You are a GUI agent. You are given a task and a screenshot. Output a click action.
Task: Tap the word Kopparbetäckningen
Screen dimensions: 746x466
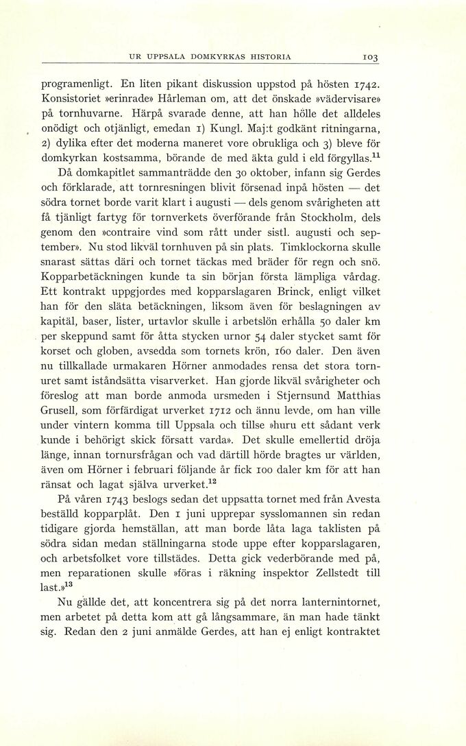click(97, 278)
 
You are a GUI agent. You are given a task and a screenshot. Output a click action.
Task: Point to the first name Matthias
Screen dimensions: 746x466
click(352, 396)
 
